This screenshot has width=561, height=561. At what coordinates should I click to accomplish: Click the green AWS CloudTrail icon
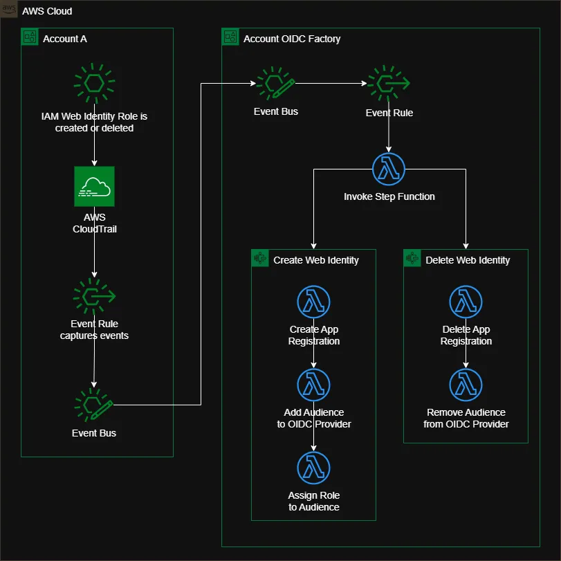coord(95,186)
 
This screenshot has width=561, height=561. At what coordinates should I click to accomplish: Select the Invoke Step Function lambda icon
coord(389,169)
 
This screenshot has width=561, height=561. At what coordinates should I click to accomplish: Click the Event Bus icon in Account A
coord(95,405)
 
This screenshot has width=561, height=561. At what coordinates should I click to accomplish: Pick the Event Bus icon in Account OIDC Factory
coord(275,84)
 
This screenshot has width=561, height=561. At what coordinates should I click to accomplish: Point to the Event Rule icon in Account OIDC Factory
coord(389,84)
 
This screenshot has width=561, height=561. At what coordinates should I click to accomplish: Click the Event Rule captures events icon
coord(95,295)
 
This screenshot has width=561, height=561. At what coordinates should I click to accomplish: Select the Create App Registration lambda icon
coord(314,302)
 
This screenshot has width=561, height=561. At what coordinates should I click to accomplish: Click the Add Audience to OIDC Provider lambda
coord(314,385)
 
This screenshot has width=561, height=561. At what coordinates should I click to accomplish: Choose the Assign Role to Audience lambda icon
coord(314,468)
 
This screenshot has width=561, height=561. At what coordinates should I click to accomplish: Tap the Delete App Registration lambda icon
coord(466,302)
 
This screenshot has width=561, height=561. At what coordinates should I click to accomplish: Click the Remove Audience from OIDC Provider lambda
coord(466,385)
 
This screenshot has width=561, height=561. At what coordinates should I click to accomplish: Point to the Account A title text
coord(65,39)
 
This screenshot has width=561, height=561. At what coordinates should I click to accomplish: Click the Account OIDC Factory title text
coord(292,39)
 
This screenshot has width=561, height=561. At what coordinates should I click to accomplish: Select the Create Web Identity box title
coord(316,260)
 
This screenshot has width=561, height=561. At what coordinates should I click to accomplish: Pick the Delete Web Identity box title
coord(468,260)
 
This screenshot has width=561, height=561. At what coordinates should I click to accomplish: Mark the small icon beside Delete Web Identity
coord(412,259)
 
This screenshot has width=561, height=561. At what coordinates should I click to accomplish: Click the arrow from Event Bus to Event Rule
coord(331,84)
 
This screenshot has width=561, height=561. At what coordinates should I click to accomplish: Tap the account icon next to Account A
coord(30,37)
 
